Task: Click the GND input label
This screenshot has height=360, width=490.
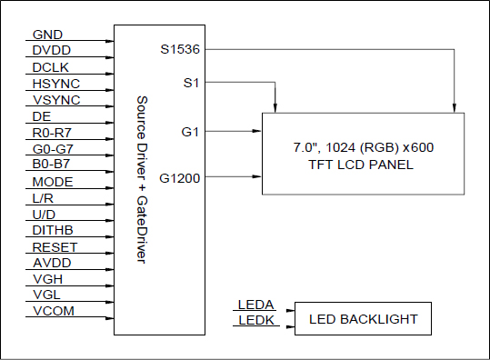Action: tap(47, 35)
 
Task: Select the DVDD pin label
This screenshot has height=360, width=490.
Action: tap(51, 51)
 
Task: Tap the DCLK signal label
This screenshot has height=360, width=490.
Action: tap(51, 67)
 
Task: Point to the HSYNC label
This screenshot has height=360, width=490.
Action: tap(54, 84)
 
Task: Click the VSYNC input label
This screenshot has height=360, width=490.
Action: tap(55, 100)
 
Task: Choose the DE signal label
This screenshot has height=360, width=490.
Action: tap(42, 116)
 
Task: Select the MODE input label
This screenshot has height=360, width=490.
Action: tap(52, 182)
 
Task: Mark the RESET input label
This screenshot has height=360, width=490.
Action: tap(55, 247)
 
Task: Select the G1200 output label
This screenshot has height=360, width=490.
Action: tap(180, 178)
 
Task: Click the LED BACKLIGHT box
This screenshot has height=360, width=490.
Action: tap(363, 319)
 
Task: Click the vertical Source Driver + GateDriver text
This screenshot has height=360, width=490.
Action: tap(141, 179)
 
